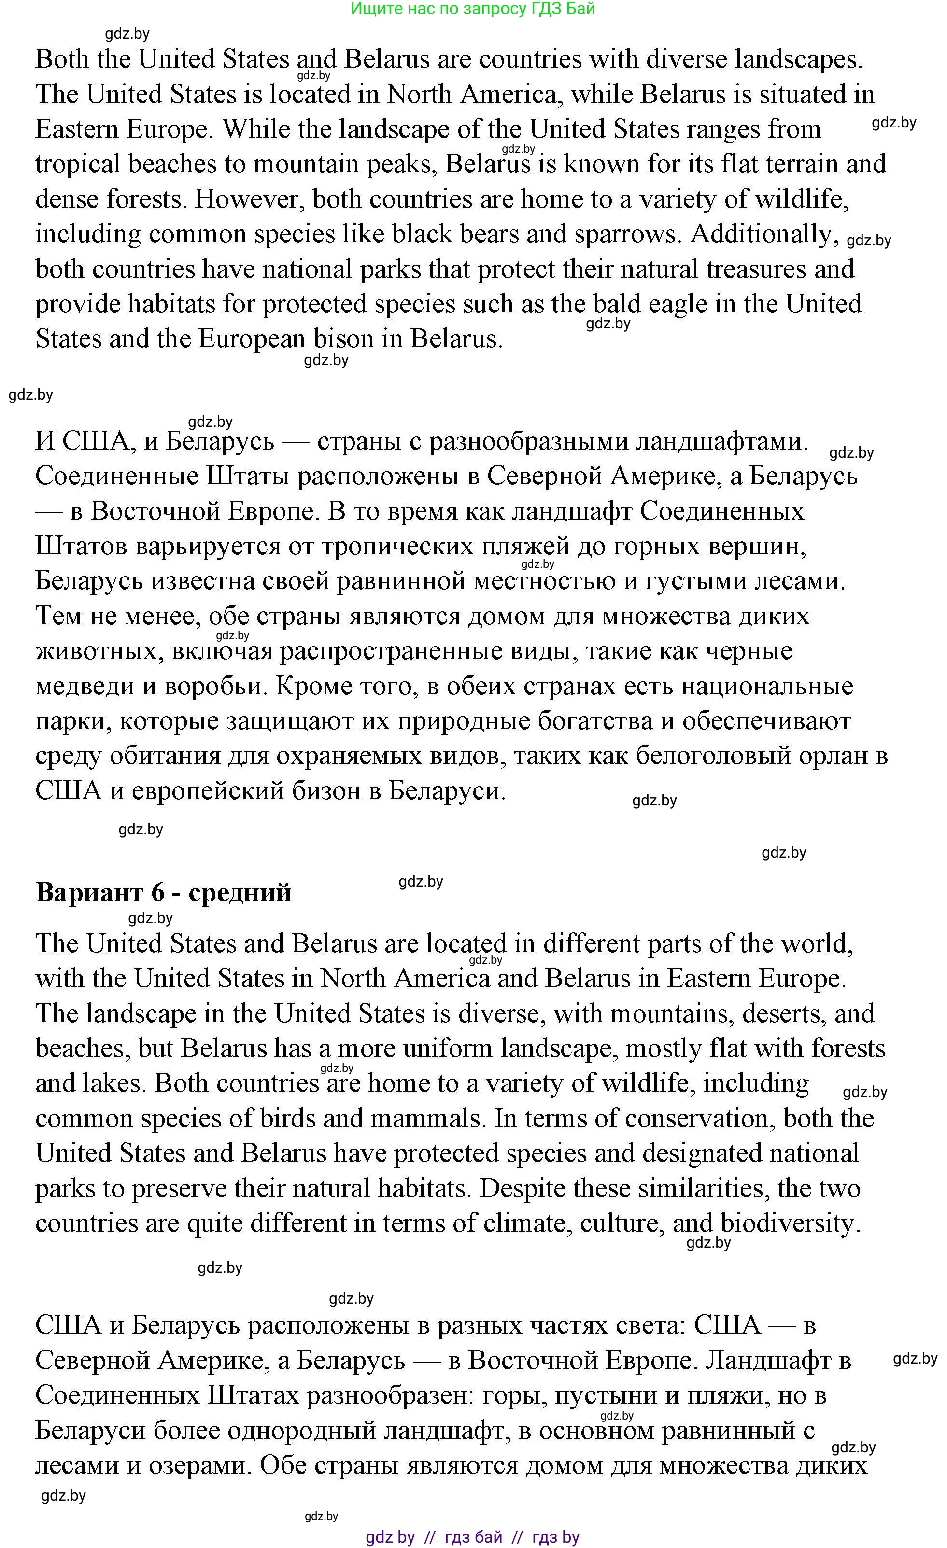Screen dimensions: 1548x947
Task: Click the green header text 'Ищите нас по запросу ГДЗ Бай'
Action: [473, 9]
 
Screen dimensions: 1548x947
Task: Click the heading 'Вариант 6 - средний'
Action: [163, 892]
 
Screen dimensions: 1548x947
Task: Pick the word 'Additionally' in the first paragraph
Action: [764, 234]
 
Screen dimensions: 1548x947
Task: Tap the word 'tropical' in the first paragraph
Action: [77, 165]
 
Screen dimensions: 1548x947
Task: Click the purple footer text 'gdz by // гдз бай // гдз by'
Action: [473, 1537]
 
